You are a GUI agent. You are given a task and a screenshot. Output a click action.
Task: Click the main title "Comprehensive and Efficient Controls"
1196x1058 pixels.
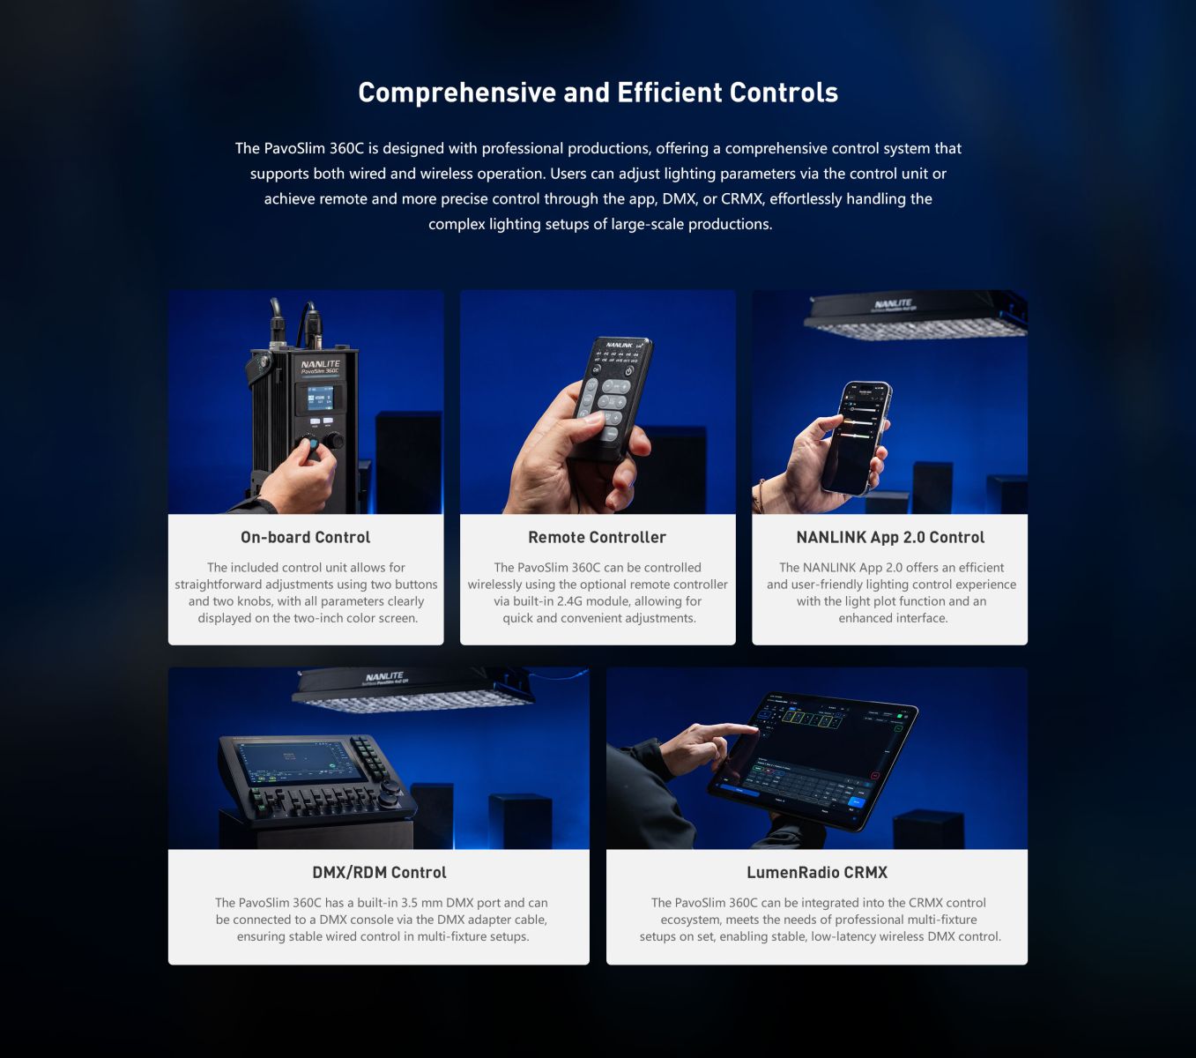[598, 93]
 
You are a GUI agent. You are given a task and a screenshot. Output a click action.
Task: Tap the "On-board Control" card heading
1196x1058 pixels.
[305, 537]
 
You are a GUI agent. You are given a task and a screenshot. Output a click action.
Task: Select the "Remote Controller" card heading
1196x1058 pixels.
[597, 537]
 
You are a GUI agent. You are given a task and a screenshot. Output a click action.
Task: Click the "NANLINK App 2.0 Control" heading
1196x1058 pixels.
[889, 537]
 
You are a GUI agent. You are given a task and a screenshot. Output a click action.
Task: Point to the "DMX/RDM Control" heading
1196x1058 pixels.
[379, 872]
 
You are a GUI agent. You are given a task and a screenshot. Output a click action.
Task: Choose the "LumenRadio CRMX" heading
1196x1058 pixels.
[816, 872]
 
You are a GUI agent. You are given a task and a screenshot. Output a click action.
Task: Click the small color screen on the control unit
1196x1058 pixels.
[319, 399]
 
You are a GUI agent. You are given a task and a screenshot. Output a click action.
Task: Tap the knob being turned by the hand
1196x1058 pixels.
[311, 444]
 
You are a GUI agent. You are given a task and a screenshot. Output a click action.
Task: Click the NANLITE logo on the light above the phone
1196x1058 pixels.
[893, 304]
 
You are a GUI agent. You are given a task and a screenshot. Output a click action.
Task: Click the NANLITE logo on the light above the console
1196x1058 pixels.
[384, 676]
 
